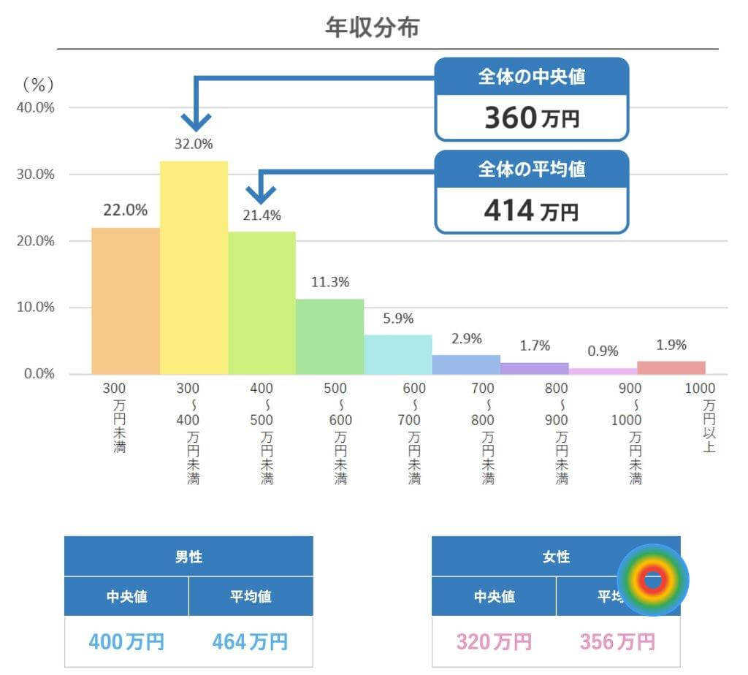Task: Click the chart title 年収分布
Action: [373, 28]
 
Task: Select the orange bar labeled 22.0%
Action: [125, 301]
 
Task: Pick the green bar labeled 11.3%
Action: [329, 337]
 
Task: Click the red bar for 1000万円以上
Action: [671, 367]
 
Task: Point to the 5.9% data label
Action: [399, 319]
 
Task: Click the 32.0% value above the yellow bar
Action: [194, 144]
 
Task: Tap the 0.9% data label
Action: [603, 351]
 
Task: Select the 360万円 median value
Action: [532, 118]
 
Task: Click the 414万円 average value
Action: [532, 211]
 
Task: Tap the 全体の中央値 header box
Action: [532, 76]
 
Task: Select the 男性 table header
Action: [188, 557]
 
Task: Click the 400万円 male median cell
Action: [126, 642]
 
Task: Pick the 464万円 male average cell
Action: [251, 642]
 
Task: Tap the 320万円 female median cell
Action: [494, 642]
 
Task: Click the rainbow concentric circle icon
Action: [653, 580]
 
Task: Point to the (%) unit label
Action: [38, 85]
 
